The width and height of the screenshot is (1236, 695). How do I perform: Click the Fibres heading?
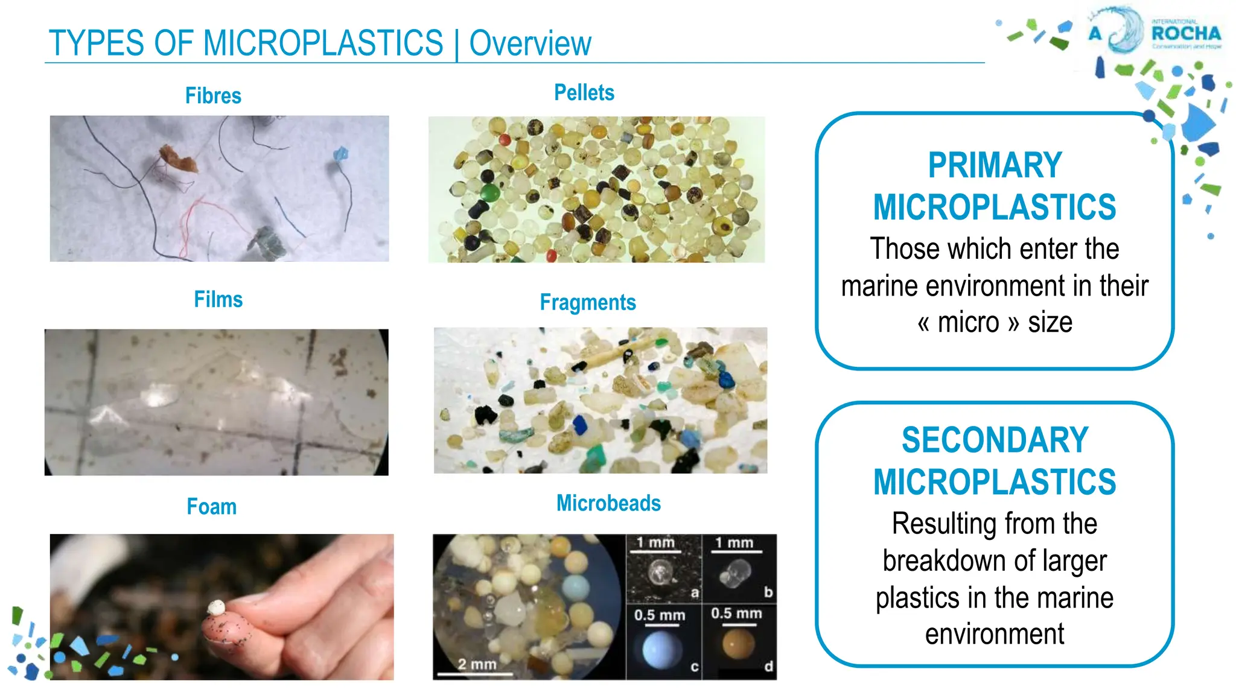[x=213, y=96]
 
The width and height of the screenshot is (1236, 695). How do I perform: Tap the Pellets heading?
[x=584, y=93]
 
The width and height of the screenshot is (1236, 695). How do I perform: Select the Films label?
[x=218, y=299]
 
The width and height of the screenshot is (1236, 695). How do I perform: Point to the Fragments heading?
[x=588, y=302]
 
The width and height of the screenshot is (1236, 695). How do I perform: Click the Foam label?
[x=211, y=507]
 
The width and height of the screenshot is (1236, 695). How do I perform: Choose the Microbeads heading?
[x=608, y=503]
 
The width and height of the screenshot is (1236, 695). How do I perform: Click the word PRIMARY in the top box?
[x=995, y=165]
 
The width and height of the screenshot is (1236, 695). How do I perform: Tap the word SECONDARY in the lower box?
[x=995, y=440]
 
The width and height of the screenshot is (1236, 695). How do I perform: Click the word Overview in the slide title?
[x=530, y=43]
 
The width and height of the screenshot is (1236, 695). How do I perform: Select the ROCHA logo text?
[x=1185, y=34]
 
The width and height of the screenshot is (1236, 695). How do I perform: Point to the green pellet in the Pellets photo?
[x=490, y=193]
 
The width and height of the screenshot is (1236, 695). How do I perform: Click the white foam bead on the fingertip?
[x=216, y=608]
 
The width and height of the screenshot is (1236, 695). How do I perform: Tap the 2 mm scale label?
[x=477, y=664]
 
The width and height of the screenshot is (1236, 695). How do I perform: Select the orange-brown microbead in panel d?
[x=739, y=644]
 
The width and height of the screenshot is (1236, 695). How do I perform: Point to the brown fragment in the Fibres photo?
[x=177, y=158]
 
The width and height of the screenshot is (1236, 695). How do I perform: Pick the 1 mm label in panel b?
[x=734, y=543]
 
